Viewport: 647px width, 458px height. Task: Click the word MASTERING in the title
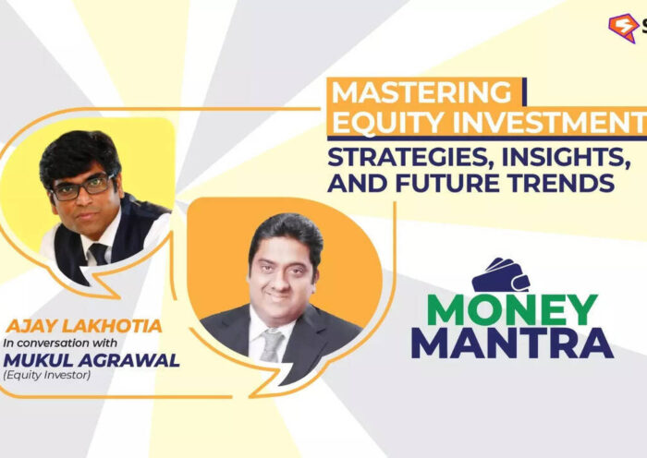421,93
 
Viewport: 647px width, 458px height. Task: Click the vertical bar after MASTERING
523,92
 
